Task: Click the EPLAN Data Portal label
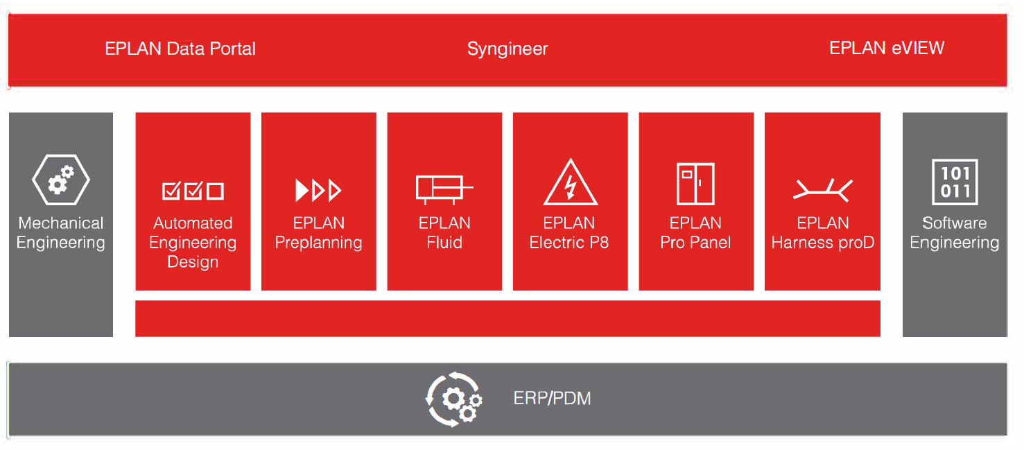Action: [180, 49]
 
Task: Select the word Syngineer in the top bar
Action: [507, 49]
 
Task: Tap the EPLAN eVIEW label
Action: [887, 48]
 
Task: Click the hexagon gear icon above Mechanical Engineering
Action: [61, 180]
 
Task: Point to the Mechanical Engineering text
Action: [61, 233]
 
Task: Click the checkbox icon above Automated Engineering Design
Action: [193, 191]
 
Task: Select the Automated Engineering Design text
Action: [193, 243]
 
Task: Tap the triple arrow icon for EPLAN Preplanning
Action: [319, 190]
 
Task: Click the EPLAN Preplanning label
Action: [319, 233]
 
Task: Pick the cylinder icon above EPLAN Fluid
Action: [444, 189]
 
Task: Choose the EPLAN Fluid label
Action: [444, 233]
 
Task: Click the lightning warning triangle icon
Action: [570, 182]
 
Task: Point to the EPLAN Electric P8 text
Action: [569, 233]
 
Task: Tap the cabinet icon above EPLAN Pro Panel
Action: [695, 184]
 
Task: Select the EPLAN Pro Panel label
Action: [695, 233]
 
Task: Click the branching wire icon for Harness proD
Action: [823, 190]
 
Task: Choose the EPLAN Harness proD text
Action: [823, 233]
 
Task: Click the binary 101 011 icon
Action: [955, 182]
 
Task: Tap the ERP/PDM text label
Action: [553, 398]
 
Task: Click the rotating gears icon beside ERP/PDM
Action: [453, 399]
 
